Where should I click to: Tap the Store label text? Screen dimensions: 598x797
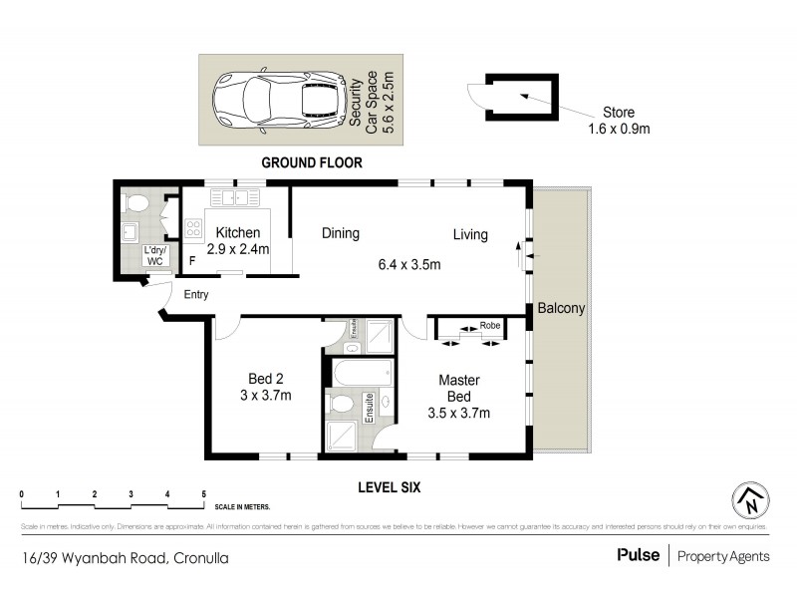[618, 113]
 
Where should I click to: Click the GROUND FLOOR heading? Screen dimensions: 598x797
[311, 161]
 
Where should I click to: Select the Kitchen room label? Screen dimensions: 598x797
[238, 233]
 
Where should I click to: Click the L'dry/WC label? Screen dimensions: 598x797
[154, 255]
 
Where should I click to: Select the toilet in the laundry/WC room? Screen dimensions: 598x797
[136, 205]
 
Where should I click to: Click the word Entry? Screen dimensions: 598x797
[195, 294]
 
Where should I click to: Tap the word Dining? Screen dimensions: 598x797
[340, 234]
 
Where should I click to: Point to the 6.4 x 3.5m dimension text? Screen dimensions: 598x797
[408, 265]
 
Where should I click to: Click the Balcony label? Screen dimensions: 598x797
[561, 309]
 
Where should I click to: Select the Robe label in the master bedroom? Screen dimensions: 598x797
[489, 325]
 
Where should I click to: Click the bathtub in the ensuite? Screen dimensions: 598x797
[359, 376]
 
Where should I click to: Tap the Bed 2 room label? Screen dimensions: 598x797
[266, 379]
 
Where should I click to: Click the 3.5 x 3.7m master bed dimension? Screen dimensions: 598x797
[459, 413]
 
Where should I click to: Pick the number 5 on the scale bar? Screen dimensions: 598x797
[203, 494]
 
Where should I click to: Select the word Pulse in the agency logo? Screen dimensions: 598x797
[638, 555]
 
